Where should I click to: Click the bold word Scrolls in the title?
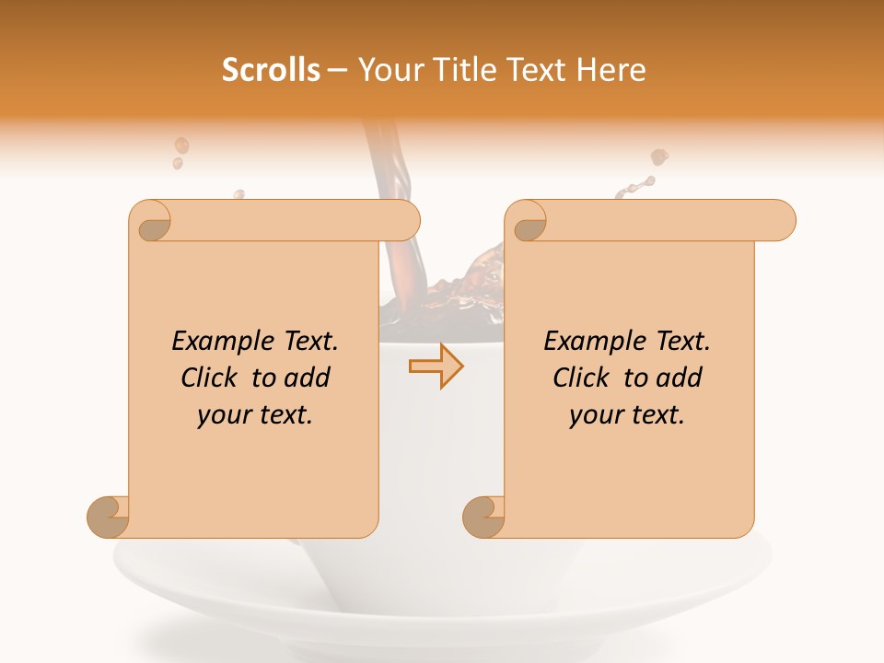[x=271, y=70]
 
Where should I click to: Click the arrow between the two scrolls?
[x=436, y=366]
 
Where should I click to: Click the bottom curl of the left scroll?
[x=108, y=517]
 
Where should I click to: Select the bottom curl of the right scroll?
[x=483, y=517]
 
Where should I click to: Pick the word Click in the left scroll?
[x=211, y=378]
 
